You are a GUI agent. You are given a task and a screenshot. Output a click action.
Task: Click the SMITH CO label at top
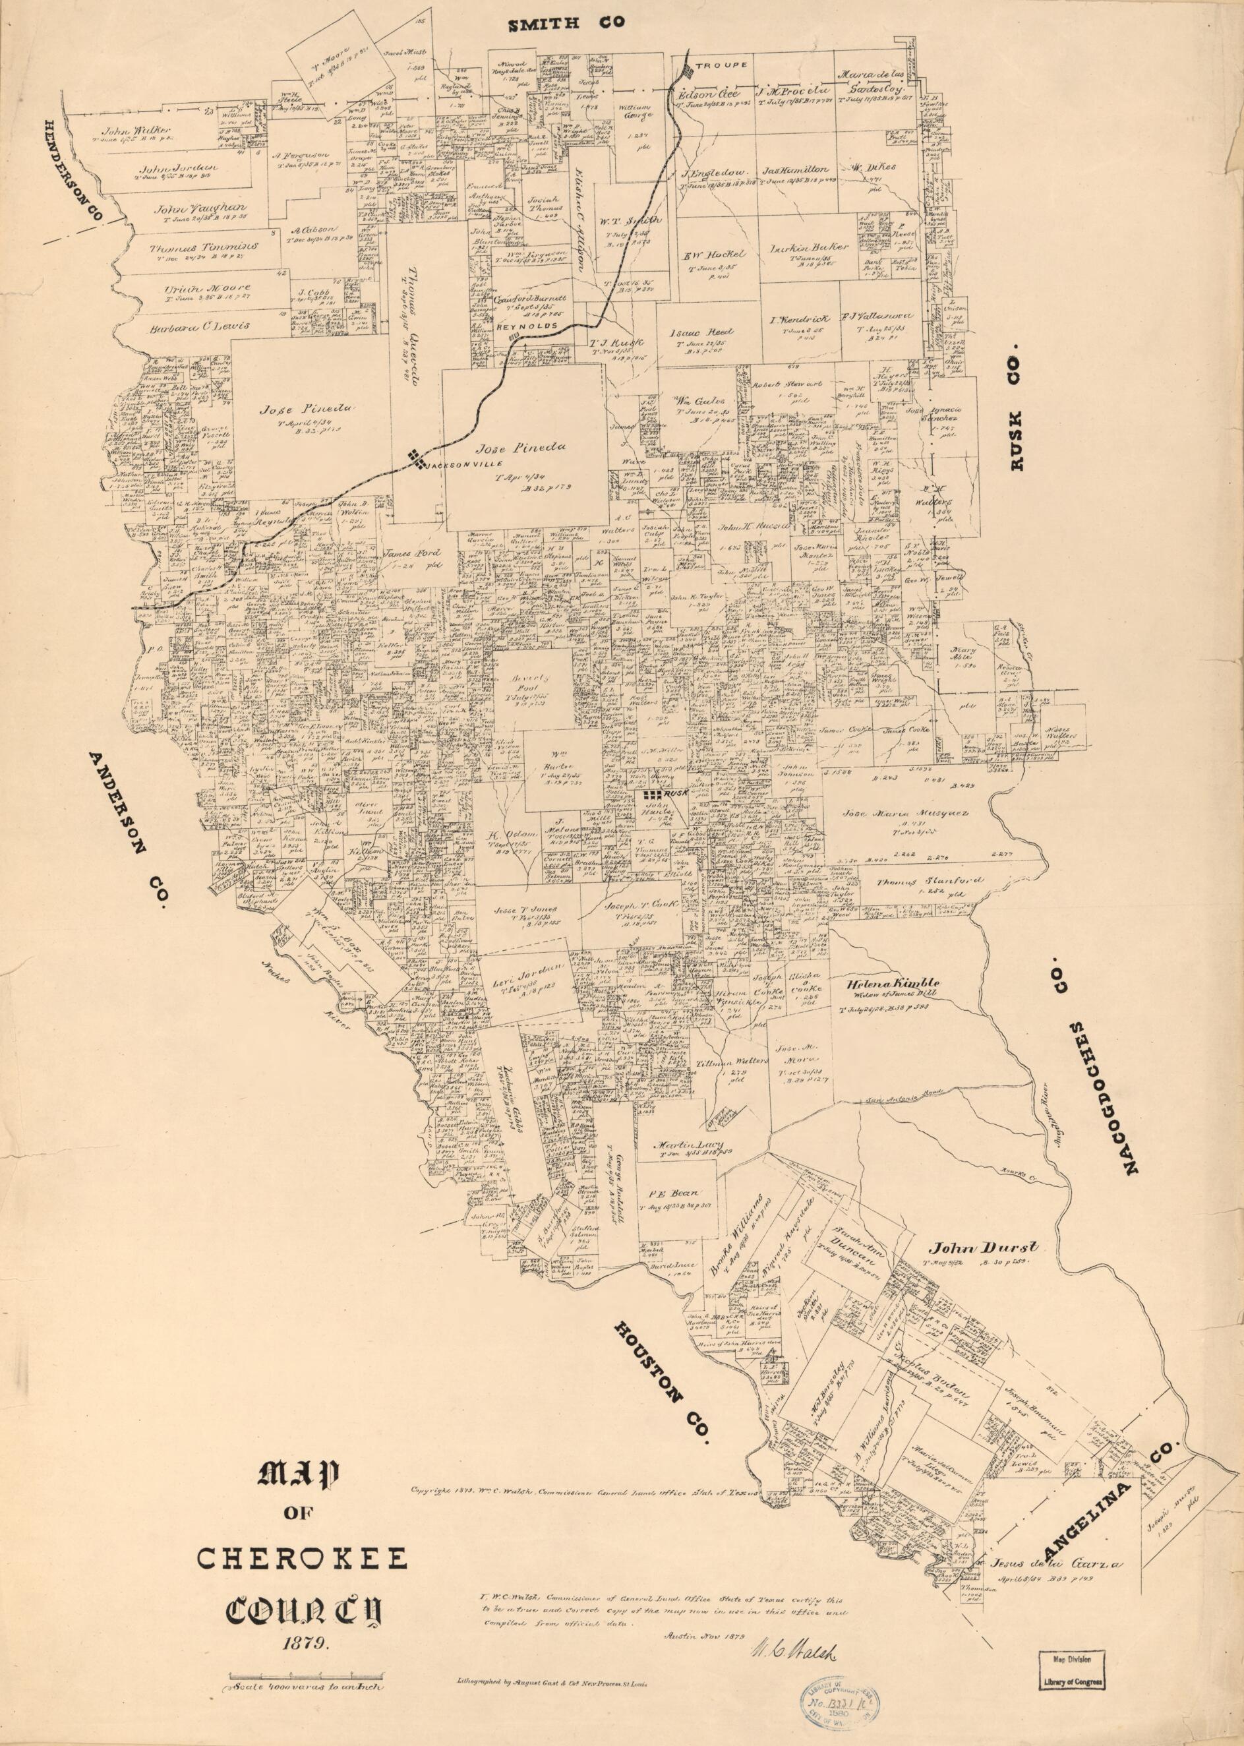[x=568, y=24]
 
